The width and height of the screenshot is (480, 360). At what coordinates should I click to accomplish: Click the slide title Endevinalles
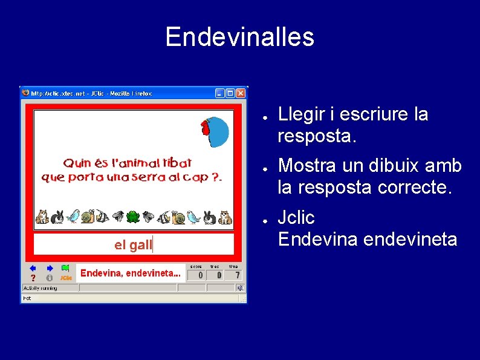click(x=239, y=36)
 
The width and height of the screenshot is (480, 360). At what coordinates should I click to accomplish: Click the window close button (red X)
click(x=241, y=93)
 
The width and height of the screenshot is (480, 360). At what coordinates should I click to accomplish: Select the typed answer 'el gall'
click(x=133, y=244)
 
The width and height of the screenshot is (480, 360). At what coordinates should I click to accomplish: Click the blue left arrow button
click(x=33, y=267)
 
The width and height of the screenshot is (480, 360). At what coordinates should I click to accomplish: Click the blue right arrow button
click(x=50, y=267)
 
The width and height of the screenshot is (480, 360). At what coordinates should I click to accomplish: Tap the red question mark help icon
click(x=33, y=278)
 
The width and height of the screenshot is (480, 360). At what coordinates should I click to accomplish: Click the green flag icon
click(x=65, y=267)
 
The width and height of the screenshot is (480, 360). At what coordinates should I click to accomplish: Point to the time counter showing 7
click(x=233, y=275)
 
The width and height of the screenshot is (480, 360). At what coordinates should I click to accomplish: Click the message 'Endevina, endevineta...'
click(x=130, y=273)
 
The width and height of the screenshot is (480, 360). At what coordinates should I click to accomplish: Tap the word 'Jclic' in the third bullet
click(x=296, y=217)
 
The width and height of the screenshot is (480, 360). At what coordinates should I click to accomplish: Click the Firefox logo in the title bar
click(x=25, y=93)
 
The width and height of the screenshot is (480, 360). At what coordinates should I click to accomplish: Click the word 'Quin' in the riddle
click(x=77, y=163)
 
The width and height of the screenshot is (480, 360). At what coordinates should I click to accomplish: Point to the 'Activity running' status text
click(x=40, y=288)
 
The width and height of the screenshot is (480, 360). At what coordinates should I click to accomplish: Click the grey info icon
click(x=50, y=278)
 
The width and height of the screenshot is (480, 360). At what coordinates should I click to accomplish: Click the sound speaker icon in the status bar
click(x=240, y=288)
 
